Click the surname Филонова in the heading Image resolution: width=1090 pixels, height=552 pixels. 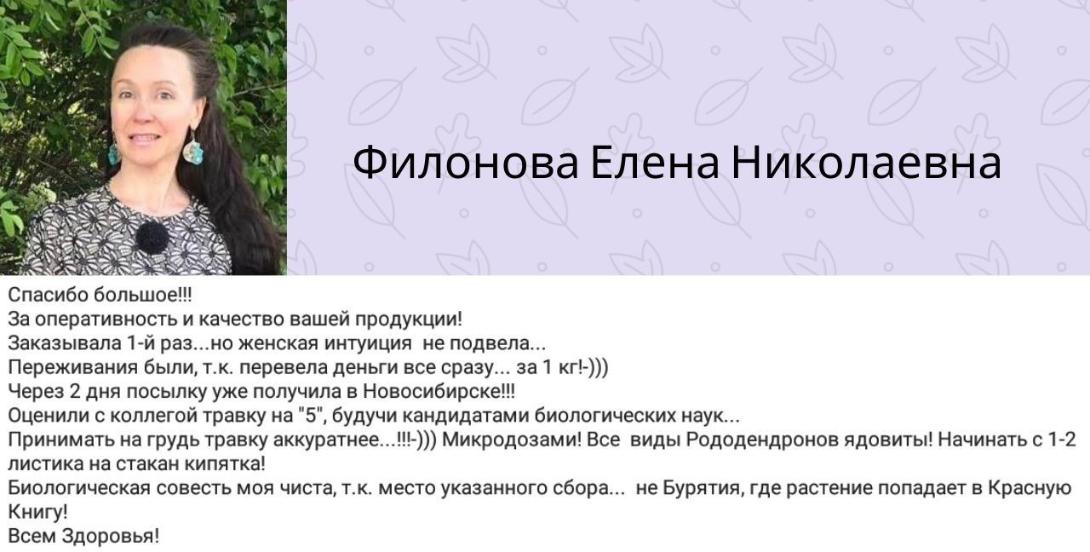coord(465,163)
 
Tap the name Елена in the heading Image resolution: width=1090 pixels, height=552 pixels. coord(655,163)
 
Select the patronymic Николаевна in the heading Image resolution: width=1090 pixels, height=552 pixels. coord(867,163)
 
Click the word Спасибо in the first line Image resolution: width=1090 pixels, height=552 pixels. coord(48,295)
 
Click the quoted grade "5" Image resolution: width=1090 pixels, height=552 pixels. coord(309,415)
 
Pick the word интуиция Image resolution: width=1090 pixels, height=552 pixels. coord(367,343)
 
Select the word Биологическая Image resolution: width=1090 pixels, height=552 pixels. coord(79,488)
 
